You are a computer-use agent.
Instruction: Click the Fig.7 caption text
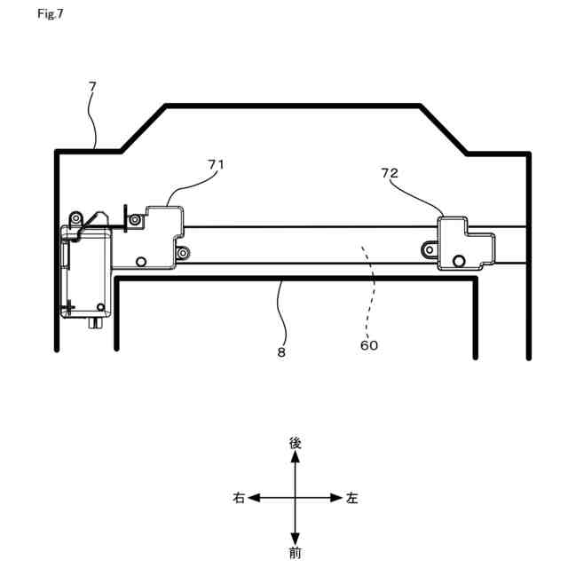point(51,15)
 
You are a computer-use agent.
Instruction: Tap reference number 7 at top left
point(92,86)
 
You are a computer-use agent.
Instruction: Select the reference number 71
point(216,164)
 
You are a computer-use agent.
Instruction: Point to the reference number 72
point(390,173)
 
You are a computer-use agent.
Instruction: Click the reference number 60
point(369,345)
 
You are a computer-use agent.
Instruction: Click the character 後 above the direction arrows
point(296,442)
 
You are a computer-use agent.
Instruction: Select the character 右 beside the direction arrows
point(239,499)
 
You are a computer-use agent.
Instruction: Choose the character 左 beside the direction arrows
point(352,499)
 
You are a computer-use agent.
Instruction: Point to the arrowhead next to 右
point(254,499)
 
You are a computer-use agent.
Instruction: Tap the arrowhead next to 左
point(336,499)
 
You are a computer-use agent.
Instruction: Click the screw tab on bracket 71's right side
point(182,254)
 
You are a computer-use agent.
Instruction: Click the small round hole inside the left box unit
point(101,308)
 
